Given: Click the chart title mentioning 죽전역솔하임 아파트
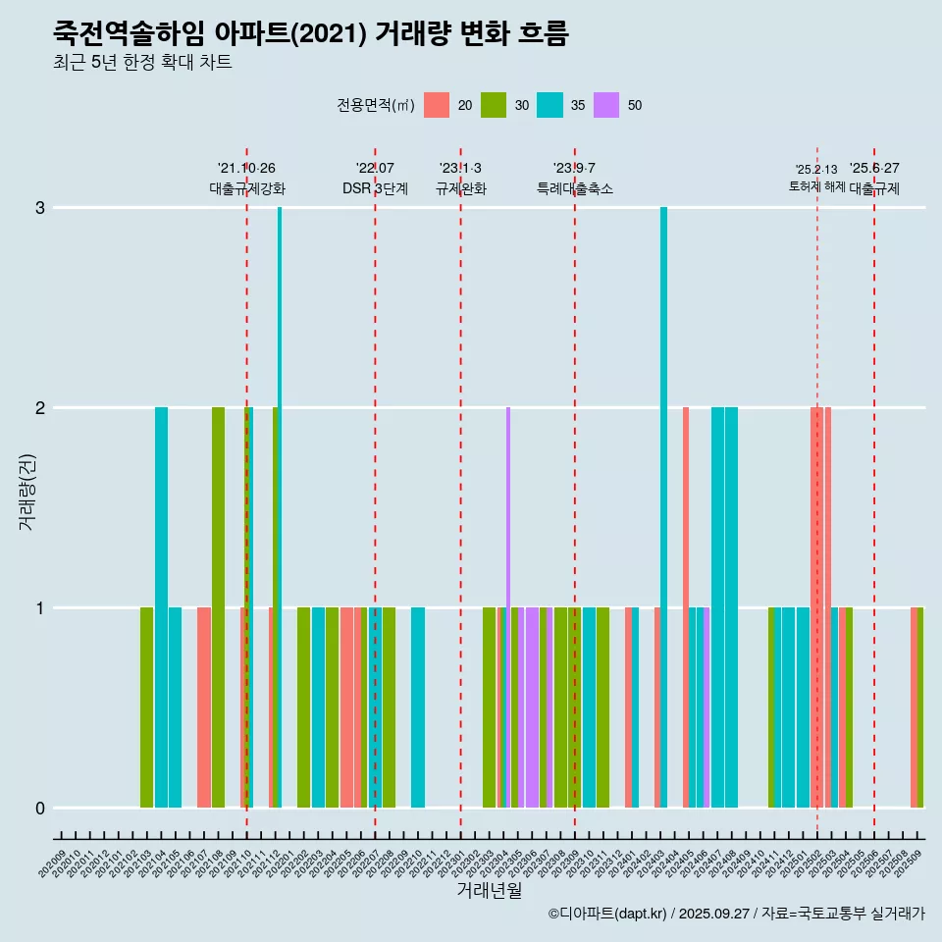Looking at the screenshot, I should tap(310, 33).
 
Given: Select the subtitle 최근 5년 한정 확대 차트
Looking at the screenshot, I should tap(142, 64).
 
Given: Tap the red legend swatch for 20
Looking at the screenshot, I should tap(437, 105).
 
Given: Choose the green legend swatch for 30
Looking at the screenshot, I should tap(493, 105).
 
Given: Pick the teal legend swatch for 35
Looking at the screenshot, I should tap(549, 105).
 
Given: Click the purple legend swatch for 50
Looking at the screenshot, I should tap(606, 105).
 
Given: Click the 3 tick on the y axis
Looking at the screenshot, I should tap(40, 208).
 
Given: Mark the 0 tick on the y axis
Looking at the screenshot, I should tap(40, 809).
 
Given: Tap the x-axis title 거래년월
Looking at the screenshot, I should tap(489, 890).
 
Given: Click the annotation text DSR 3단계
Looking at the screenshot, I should tap(375, 188).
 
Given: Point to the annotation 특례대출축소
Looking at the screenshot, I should tap(575, 188).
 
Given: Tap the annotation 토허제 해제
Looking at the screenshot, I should tap(816, 185).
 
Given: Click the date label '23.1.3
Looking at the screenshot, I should tap(460, 169).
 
